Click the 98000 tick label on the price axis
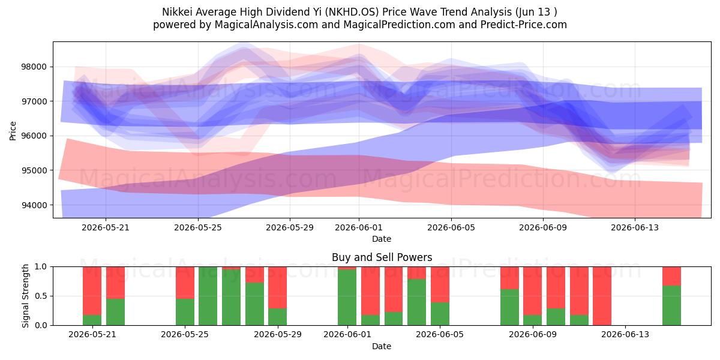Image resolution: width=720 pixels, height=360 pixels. (x=34, y=67)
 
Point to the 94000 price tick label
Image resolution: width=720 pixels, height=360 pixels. (x=34, y=205)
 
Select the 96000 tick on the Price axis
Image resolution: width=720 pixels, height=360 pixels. (x=34, y=136)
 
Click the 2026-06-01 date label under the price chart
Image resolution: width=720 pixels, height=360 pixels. (x=359, y=227)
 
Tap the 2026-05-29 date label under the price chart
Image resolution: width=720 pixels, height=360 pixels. (x=290, y=227)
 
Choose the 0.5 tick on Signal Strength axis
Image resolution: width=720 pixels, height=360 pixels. (x=41, y=296)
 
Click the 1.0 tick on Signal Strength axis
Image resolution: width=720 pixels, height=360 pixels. (x=41, y=266)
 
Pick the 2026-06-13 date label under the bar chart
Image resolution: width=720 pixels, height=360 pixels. (x=625, y=334)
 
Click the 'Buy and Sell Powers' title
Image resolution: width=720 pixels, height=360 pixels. (x=382, y=257)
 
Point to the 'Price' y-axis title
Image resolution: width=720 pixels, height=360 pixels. (x=13, y=131)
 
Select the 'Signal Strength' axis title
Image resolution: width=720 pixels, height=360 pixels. (x=25, y=296)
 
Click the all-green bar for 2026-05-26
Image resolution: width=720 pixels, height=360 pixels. (x=208, y=296)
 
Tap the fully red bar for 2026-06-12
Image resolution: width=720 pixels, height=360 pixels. (x=602, y=296)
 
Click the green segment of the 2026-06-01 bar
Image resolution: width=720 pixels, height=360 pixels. (x=347, y=298)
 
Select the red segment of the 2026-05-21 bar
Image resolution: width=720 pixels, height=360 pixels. (x=92, y=291)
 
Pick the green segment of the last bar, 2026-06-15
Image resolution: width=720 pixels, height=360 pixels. (x=672, y=305)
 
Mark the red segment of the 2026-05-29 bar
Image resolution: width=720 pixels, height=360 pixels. (x=277, y=287)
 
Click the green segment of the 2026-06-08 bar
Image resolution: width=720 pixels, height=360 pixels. (x=509, y=307)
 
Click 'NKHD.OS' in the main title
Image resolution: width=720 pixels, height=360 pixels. (x=352, y=12)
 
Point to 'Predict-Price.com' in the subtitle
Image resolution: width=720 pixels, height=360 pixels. (x=524, y=25)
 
